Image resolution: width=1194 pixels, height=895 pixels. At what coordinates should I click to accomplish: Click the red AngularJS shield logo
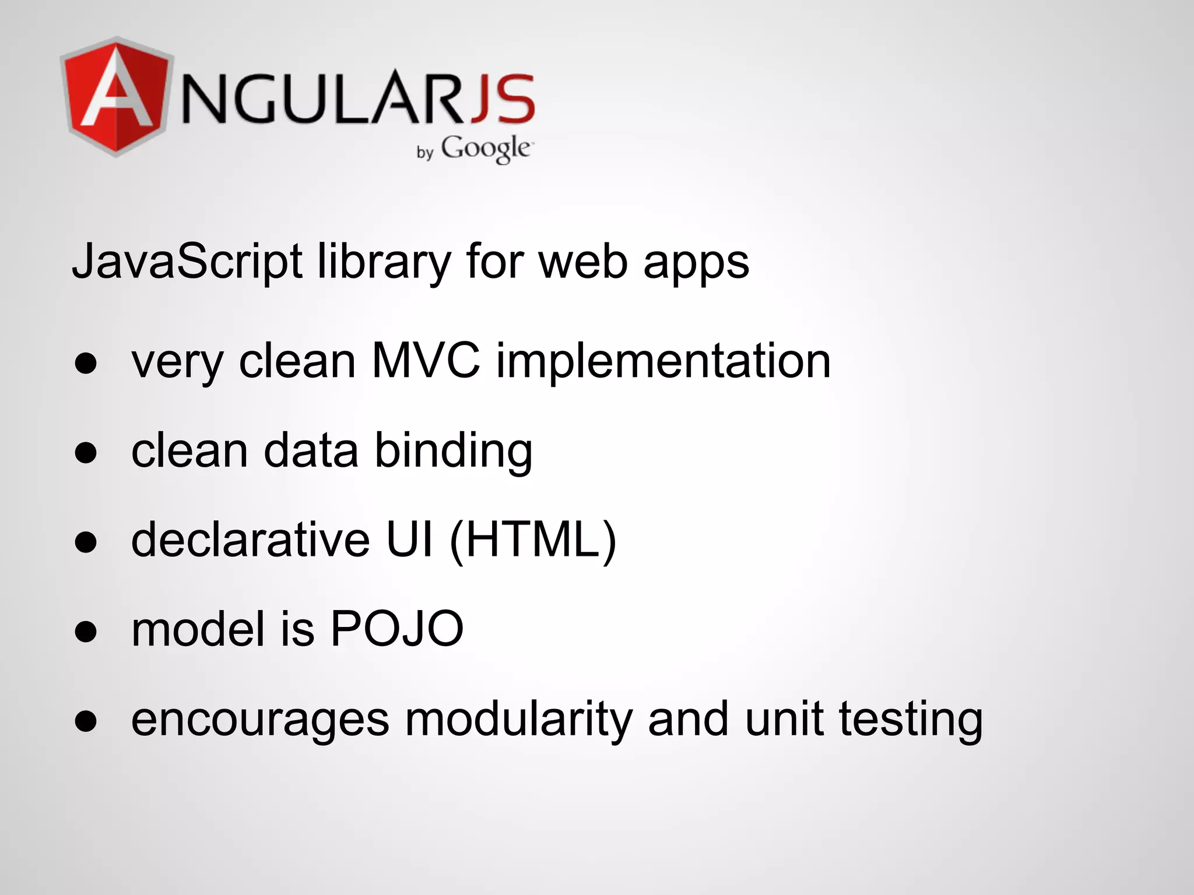(x=117, y=97)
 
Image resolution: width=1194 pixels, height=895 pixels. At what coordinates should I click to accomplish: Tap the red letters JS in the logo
(x=503, y=98)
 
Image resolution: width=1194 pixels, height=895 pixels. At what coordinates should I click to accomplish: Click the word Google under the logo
(x=485, y=148)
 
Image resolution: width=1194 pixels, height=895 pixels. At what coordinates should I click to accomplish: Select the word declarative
(x=250, y=540)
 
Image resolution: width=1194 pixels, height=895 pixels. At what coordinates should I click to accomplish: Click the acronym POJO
(x=397, y=629)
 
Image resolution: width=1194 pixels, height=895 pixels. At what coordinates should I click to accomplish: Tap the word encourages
(x=260, y=720)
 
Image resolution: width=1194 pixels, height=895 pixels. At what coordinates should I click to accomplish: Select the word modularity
(x=519, y=720)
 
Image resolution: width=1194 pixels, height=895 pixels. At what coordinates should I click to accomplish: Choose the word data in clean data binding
(x=311, y=450)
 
